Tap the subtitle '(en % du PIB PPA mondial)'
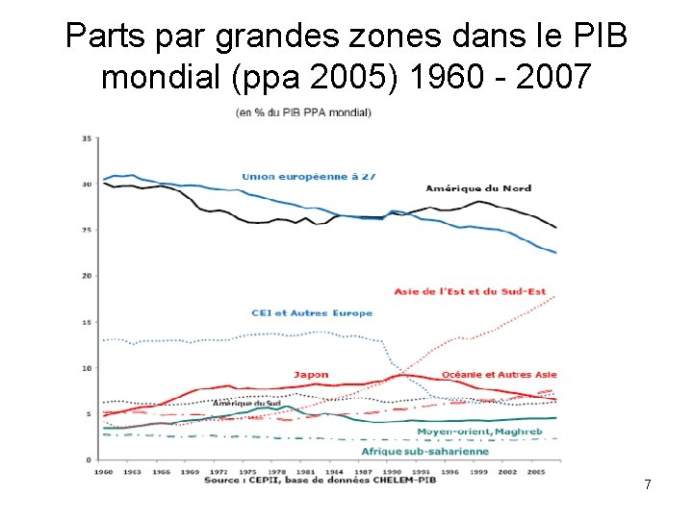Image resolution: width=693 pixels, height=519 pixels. (x=303, y=112)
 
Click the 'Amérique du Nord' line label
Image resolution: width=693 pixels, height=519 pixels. (x=478, y=187)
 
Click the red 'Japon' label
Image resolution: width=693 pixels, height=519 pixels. (x=311, y=375)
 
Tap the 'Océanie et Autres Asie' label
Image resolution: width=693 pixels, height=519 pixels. (x=499, y=374)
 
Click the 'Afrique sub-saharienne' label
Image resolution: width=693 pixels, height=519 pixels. (x=424, y=451)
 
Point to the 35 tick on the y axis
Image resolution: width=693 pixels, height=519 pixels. (x=87, y=138)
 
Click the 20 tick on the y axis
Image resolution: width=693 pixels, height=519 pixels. (x=87, y=276)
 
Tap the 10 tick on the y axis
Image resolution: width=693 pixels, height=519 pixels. (x=87, y=368)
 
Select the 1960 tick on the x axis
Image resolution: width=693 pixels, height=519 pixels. (x=104, y=471)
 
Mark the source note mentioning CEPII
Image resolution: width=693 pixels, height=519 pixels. (x=323, y=480)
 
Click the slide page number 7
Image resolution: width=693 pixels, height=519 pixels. (x=648, y=485)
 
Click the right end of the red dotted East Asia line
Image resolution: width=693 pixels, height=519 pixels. (x=555, y=297)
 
